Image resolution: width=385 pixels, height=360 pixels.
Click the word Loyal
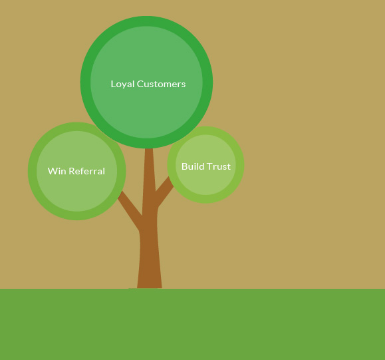click(122, 85)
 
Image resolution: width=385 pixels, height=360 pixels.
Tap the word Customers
click(161, 84)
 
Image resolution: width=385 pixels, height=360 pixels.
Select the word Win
click(57, 171)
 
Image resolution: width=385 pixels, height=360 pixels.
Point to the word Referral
click(86, 171)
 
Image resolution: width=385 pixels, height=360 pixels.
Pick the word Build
click(192, 166)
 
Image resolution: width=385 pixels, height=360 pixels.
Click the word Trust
click(217, 166)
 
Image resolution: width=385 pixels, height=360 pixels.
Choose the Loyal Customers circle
click(146, 83)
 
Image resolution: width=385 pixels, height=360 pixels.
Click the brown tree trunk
click(150, 221)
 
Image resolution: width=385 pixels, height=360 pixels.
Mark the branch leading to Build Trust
click(164, 192)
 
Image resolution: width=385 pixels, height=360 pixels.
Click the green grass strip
click(193, 324)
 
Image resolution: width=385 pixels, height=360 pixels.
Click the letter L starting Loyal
click(113, 84)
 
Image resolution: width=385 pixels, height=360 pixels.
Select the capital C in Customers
click(140, 84)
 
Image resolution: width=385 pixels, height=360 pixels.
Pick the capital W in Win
click(53, 171)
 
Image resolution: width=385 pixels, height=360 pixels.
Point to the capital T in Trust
click(207, 166)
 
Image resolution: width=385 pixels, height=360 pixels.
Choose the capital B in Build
click(184, 166)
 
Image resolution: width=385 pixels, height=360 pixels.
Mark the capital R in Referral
click(72, 171)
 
